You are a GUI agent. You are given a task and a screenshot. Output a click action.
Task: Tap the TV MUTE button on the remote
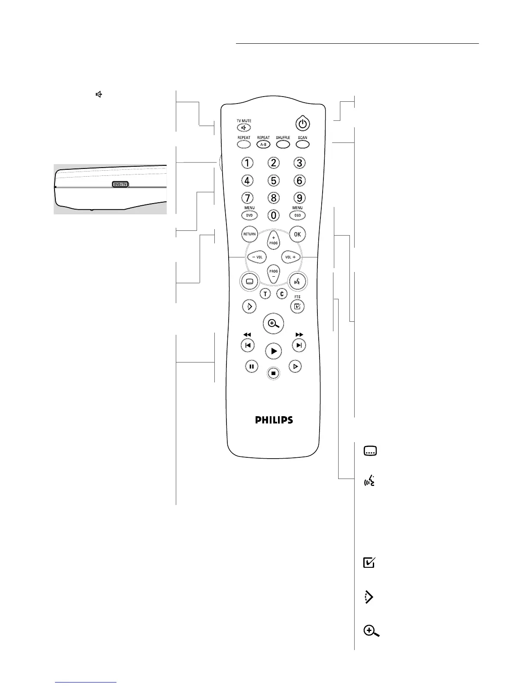pyautogui.click(x=244, y=128)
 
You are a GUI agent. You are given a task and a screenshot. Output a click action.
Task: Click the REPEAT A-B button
pyautogui.click(x=263, y=144)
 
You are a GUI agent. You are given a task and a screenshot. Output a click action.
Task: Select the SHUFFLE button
pyautogui.click(x=283, y=144)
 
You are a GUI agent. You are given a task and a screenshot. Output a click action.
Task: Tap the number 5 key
pyautogui.click(x=273, y=180)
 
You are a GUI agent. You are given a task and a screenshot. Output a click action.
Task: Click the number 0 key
pyautogui.click(x=273, y=215)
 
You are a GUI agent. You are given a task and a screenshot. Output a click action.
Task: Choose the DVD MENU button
pyautogui.click(x=249, y=215)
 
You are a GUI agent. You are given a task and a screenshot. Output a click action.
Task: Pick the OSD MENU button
pyautogui.click(x=297, y=215)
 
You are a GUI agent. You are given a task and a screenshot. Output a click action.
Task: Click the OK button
pyautogui.click(x=297, y=234)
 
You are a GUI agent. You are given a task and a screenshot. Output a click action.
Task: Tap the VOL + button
pyautogui.click(x=291, y=257)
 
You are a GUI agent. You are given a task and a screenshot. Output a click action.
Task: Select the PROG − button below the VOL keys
pyautogui.click(x=273, y=274)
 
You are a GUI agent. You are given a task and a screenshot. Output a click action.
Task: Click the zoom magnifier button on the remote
pyautogui.click(x=273, y=324)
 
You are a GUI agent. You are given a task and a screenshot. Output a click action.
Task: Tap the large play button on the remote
pyautogui.click(x=273, y=351)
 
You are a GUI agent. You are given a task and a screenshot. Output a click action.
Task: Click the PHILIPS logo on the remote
pyautogui.click(x=274, y=420)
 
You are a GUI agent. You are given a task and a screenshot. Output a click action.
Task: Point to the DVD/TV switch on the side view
pyautogui.click(x=120, y=184)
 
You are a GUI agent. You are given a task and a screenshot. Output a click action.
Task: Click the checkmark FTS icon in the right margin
pyautogui.click(x=369, y=563)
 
